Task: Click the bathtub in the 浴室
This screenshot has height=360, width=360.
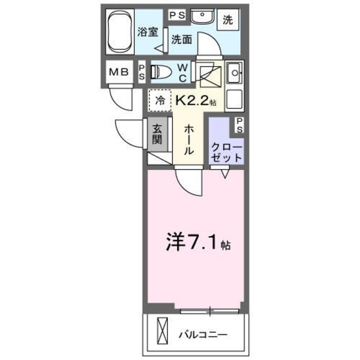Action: [120, 31]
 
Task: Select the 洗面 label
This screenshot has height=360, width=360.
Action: [181, 40]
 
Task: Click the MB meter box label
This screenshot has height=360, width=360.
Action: [119, 71]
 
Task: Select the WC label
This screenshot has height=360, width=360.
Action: [183, 72]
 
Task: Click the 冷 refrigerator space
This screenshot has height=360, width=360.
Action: [160, 101]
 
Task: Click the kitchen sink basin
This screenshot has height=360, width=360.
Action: [234, 72]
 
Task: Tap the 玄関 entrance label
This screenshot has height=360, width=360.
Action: [157, 134]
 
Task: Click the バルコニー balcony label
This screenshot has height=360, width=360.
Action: [204, 335]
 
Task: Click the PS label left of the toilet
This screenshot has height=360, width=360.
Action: [142, 71]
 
